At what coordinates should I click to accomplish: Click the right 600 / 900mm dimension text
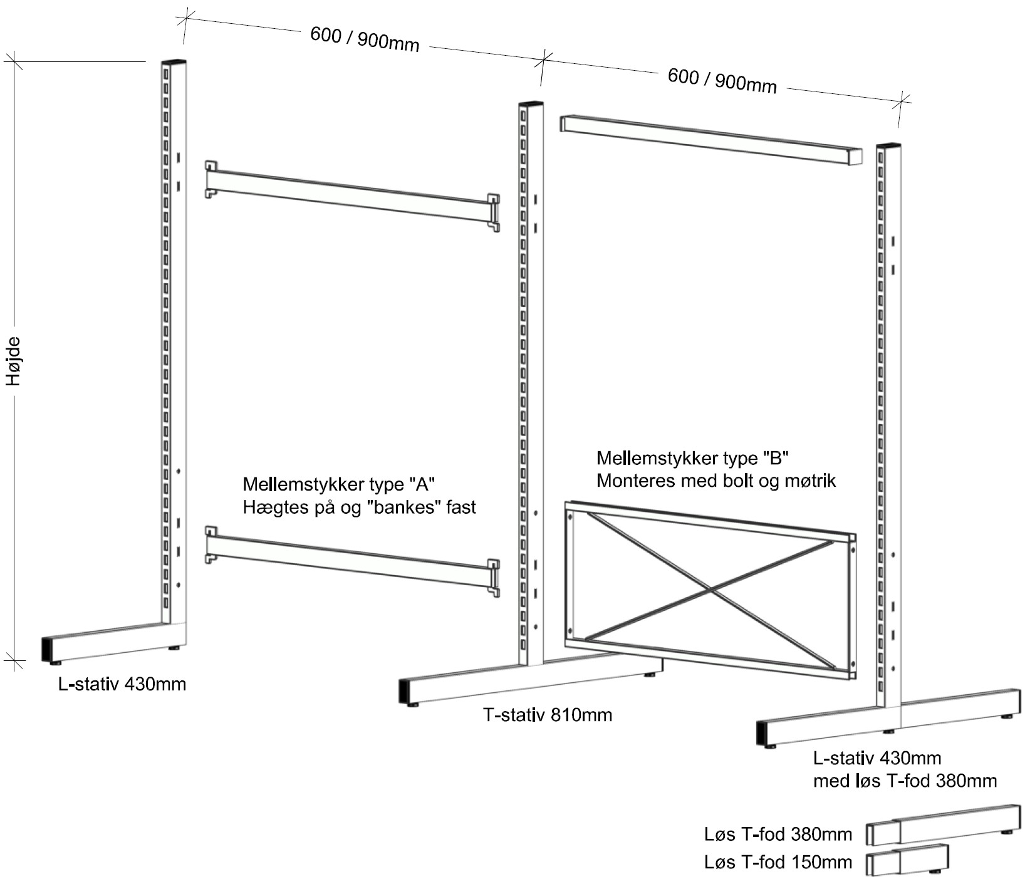tap(722, 81)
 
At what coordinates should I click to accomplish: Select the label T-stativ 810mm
tap(548, 715)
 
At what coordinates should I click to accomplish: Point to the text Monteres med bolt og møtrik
tap(716, 481)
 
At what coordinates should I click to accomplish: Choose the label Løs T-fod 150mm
tap(778, 862)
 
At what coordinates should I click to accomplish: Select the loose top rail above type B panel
tap(710, 139)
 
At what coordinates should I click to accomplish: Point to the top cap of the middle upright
tap(526, 105)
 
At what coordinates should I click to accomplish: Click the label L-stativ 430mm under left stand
tap(122, 684)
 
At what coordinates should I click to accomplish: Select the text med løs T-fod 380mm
tap(905, 781)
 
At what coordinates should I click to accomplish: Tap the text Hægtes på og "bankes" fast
tap(359, 507)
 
